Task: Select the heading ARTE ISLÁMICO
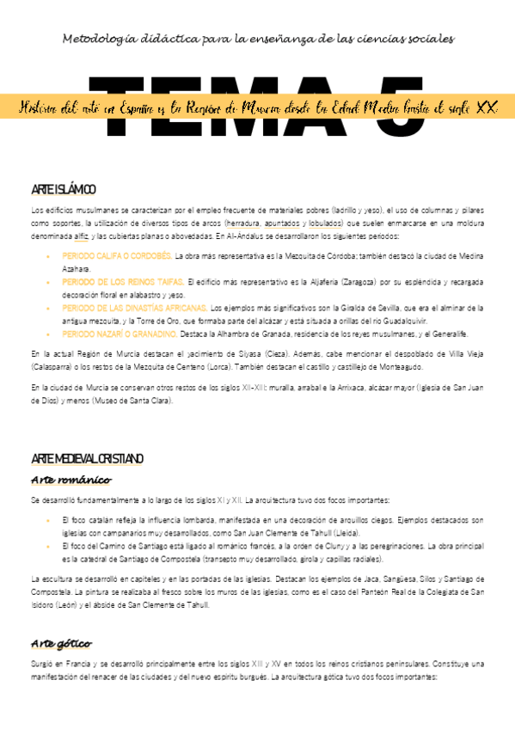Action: [63, 189]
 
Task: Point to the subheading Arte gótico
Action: [61, 643]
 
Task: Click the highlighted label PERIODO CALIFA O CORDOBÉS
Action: [117, 256]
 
